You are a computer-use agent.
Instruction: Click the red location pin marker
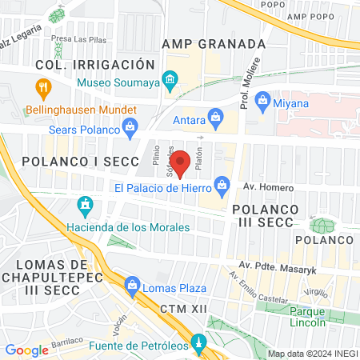[x=181, y=163]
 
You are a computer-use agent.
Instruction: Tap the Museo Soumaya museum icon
[x=169, y=79]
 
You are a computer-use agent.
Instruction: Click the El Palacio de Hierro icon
[x=224, y=186]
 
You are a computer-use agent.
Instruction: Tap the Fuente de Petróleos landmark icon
[x=198, y=346]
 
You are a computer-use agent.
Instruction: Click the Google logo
[x=27, y=350]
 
